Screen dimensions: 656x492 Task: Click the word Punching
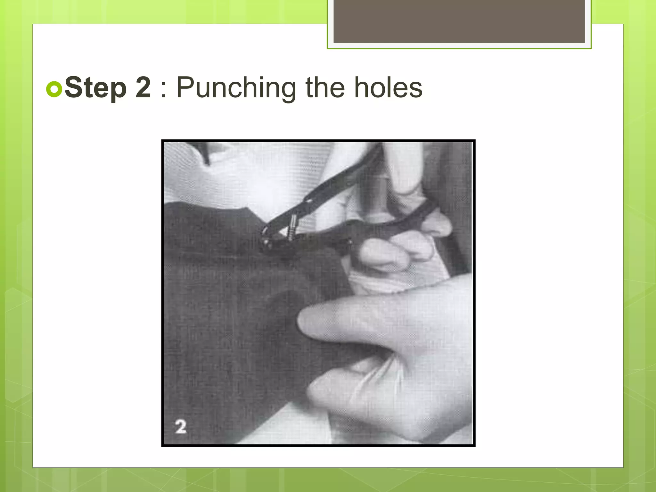[236, 88]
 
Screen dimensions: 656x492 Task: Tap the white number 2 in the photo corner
[181, 427]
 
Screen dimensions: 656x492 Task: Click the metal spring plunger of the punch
[292, 227]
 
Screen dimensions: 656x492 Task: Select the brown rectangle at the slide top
[459, 21]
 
